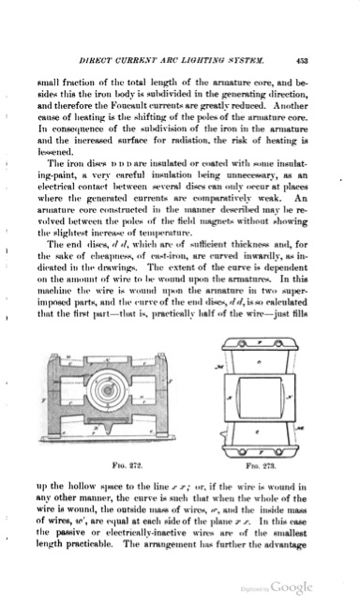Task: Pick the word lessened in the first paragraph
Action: tap(57, 159)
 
